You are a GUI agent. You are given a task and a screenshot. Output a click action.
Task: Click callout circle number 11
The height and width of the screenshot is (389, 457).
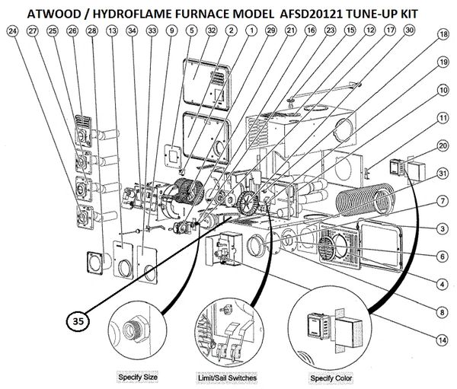[442, 117]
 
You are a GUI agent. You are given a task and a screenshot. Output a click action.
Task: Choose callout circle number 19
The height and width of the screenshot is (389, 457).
[442, 62]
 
